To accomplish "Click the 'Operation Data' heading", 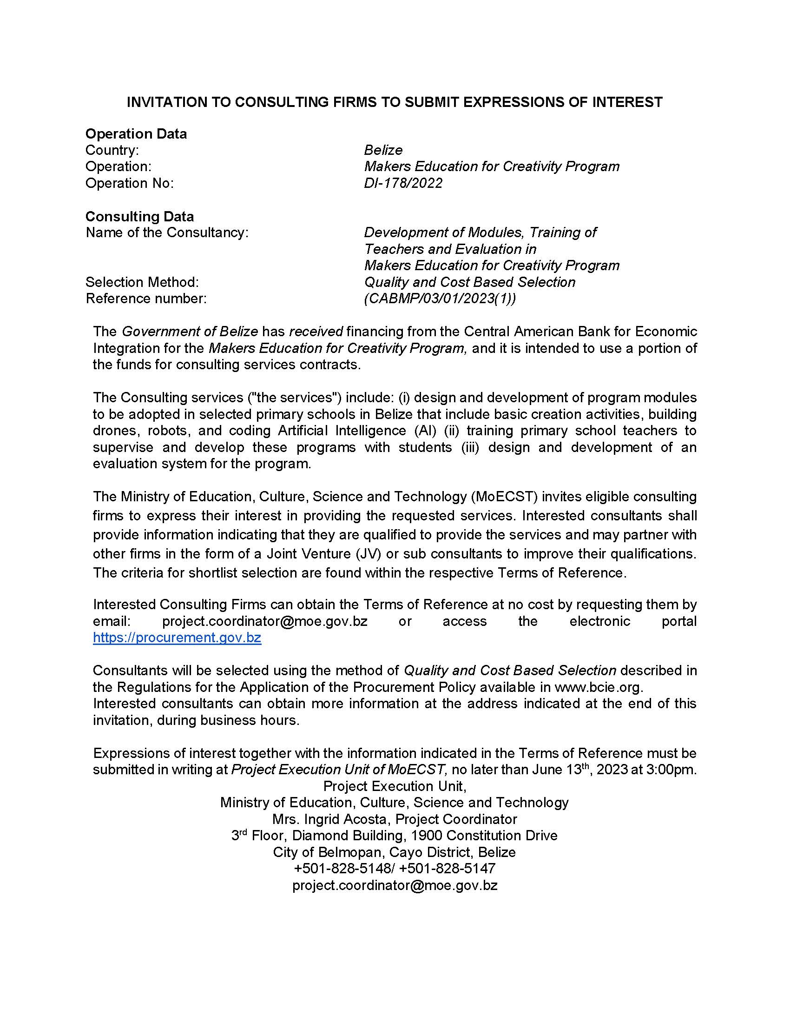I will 136,134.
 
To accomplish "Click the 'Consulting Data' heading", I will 139,216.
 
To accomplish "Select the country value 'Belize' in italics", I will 383,150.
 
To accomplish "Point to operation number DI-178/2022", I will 403,183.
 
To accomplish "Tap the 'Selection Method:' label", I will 142,282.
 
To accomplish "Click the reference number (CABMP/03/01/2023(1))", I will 440,299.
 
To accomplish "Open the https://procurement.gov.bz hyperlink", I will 177,638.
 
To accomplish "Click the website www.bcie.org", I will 598,687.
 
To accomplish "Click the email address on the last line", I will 395,885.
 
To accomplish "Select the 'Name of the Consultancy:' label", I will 167,233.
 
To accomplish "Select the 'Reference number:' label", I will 145,299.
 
